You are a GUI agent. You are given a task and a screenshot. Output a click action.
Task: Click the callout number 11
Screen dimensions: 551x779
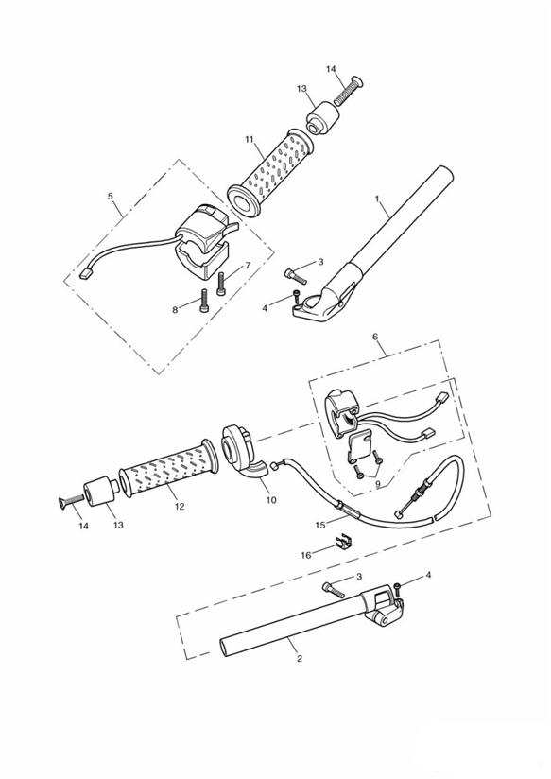[250, 139]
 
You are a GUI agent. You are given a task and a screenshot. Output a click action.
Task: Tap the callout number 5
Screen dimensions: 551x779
[111, 197]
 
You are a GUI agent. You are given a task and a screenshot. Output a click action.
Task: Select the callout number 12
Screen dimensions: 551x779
[180, 506]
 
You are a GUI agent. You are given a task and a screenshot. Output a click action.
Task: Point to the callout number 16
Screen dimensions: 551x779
[306, 555]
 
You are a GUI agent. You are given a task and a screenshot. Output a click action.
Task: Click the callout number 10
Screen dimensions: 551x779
[271, 500]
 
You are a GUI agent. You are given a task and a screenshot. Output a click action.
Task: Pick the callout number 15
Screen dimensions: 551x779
[320, 524]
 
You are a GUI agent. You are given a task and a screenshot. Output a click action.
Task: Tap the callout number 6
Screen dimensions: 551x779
[375, 337]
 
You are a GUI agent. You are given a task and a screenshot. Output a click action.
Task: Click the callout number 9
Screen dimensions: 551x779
[379, 483]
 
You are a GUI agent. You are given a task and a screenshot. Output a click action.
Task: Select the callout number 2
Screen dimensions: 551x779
[299, 659]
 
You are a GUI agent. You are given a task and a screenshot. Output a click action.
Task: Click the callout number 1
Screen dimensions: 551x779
[377, 199]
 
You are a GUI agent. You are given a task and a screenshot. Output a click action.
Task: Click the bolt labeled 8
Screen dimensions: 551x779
[204, 301]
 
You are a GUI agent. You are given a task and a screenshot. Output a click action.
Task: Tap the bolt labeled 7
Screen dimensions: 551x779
[221, 284]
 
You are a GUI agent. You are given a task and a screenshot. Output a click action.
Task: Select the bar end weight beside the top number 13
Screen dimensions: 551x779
[322, 118]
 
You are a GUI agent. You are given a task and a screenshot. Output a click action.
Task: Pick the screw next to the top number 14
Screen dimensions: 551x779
[349, 90]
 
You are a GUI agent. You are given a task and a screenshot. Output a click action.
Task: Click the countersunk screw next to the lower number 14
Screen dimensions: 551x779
[71, 502]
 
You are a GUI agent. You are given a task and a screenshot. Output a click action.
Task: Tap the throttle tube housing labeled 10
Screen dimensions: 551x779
[239, 451]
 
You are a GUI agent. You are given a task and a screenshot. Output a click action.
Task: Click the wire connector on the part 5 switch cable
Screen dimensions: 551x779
[86, 273]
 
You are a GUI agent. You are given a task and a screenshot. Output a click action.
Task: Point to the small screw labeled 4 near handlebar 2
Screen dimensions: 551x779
[398, 590]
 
